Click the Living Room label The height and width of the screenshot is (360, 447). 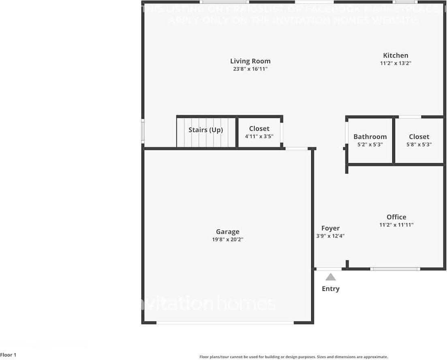pyautogui.click(x=250, y=61)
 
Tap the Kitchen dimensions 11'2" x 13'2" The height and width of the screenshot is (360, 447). pyautogui.click(x=396, y=63)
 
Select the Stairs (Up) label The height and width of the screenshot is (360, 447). pyautogui.click(x=205, y=130)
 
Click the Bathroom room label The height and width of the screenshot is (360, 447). pyautogui.click(x=370, y=136)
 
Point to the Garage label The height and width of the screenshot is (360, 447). pyautogui.click(x=227, y=232)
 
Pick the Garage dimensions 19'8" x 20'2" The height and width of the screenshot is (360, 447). pyautogui.click(x=227, y=239)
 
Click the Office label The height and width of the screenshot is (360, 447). pyautogui.click(x=396, y=217)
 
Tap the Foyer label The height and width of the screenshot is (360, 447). pyautogui.click(x=330, y=228)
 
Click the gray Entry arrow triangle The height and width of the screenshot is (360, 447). pyautogui.click(x=331, y=277)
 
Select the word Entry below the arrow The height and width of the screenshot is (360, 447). pyautogui.click(x=331, y=289)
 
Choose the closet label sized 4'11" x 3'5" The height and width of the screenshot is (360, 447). pyautogui.click(x=259, y=129)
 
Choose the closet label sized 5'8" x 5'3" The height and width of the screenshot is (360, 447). pyautogui.click(x=419, y=136)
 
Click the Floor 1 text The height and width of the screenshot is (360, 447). pyautogui.click(x=8, y=355)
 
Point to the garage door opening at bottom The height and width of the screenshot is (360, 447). pyautogui.click(x=225, y=323)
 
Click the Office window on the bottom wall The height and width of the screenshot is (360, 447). pyautogui.click(x=395, y=268)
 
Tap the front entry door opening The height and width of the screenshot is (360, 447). pyautogui.click(x=329, y=268)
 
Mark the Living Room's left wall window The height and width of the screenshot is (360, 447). pyautogui.click(x=143, y=131)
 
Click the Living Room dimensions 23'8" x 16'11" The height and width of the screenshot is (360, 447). pyautogui.click(x=250, y=69)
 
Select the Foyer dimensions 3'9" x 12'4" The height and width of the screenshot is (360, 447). pyautogui.click(x=330, y=236)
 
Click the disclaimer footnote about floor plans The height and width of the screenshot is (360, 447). pyautogui.click(x=293, y=357)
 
